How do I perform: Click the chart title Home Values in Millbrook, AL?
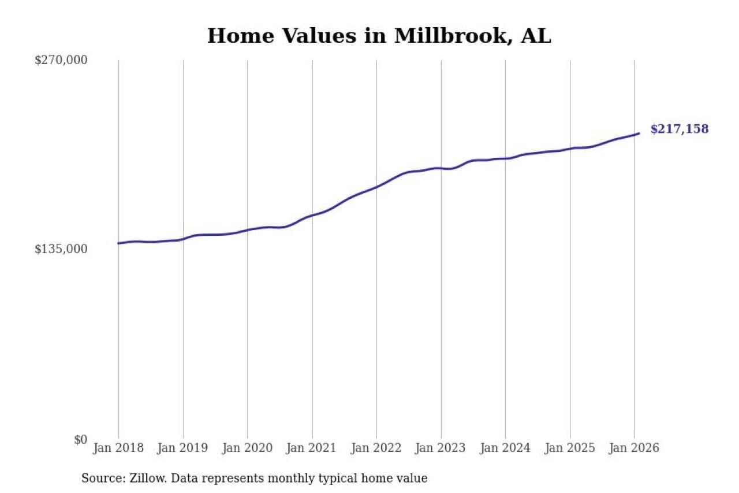(x=379, y=36)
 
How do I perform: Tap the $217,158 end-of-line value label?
(x=679, y=129)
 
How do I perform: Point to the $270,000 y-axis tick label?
(x=61, y=60)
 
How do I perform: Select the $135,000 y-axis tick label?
(x=61, y=249)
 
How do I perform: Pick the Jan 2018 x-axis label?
(x=118, y=448)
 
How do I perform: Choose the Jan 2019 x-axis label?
(x=183, y=448)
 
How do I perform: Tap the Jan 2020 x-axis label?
(x=248, y=448)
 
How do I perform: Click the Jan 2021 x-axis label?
(x=312, y=448)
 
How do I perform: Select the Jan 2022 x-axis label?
(x=376, y=448)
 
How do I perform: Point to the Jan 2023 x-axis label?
(x=441, y=448)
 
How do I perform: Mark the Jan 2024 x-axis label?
(x=505, y=448)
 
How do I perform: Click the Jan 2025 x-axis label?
(x=570, y=448)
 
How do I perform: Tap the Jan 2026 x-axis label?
(x=634, y=448)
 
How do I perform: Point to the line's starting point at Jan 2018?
(x=118, y=243)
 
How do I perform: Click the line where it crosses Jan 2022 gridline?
(x=376, y=187)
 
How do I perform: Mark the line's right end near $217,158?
(x=639, y=134)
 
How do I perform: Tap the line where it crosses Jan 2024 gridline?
(x=505, y=158)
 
